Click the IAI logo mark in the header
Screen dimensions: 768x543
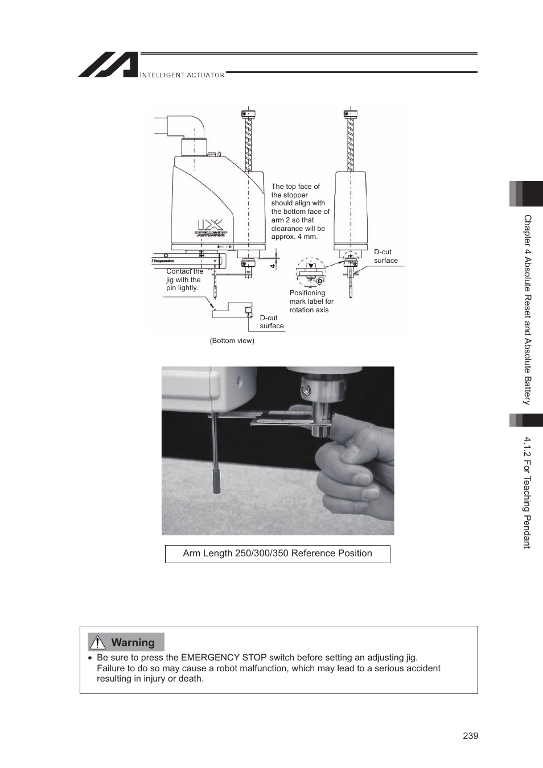pyautogui.click(x=108, y=65)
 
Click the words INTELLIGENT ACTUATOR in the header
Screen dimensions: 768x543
pyautogui.click(x=182, y=75)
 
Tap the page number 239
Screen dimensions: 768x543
pyautogui.click(x=470, y=736)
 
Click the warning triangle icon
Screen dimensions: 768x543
pyautogui.click(x=98, y=642)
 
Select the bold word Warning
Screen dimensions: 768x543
pyautogui.click(x=133, y=642)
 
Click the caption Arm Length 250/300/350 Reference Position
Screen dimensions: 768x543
pyautogui.click(x=277, y=554)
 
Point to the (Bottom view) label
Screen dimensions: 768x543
pyautogui.click(x=232, y=341)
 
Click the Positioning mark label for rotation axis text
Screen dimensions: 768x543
pyautogui.click(x=311, y=302)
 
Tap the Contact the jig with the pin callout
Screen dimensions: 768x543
pyautogui.click(x=184, y=280)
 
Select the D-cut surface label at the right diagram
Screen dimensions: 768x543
pyautogui.click(x=385, y=256)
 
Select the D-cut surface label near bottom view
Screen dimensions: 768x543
pyautogui.click(x=271, y=322)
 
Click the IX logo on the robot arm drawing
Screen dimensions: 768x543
pyautogui.click(x=210, y=225)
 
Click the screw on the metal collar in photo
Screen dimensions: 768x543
pyautogui.click(x=306, y=390)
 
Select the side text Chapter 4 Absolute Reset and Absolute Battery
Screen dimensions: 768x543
pyautogui.click(x=527, y=309)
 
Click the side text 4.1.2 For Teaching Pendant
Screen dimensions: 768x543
pyautogui.click(x=527, y=492)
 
